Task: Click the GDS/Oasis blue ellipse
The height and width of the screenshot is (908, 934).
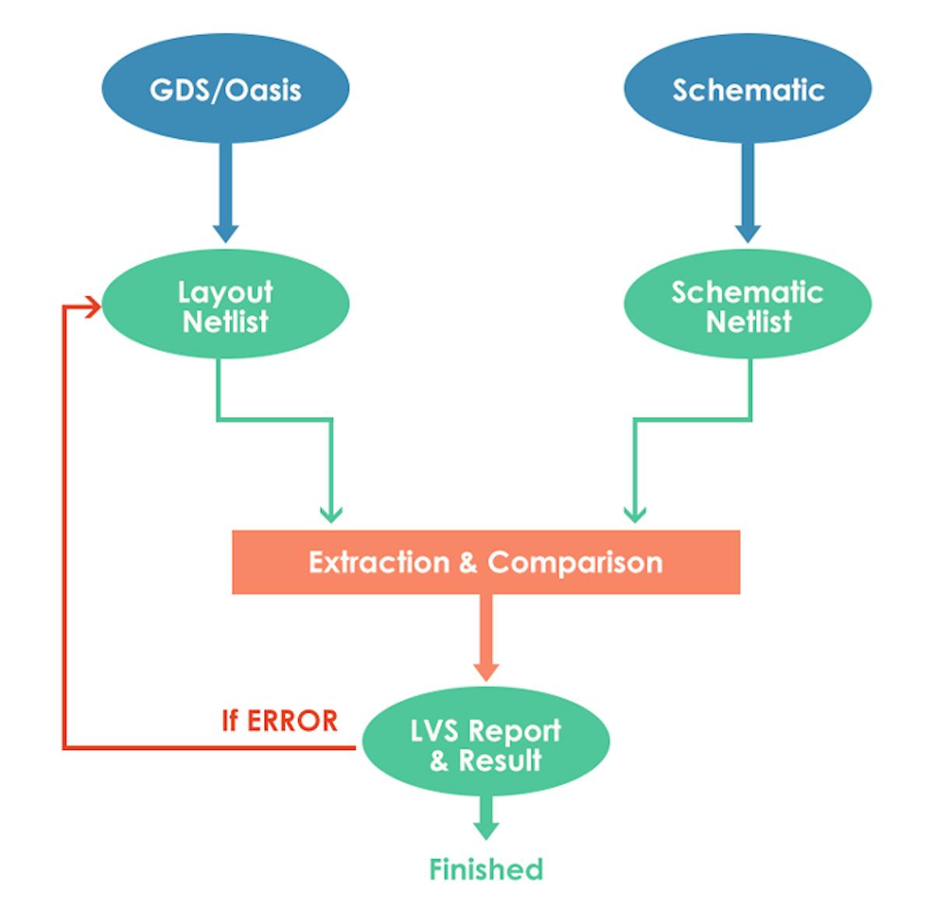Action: pyautogui.click(x=226, y=89)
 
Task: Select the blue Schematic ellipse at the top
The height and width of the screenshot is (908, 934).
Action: pyautogui.click(x=747, y=89)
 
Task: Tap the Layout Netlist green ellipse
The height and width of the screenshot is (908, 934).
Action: pyautogui.click(x=226, y=305)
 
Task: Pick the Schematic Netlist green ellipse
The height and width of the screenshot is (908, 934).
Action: pyautogui.click(x=747, y=305)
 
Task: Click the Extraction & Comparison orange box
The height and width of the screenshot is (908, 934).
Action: pyautogui.click(x=486, y=562)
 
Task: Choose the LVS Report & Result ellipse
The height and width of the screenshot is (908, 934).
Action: pyautogui.click(x=486, y=745)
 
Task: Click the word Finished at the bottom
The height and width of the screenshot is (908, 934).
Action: pyautogui.click(x=486, y=868)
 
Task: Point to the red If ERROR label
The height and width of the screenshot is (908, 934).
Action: pyautogui.click(x=279, y=720)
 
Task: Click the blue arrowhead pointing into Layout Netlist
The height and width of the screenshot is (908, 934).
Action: pyautogui.click(x=226, y=231)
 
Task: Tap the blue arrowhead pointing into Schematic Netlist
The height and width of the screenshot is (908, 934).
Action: pyautogui.click(x=748, y=231)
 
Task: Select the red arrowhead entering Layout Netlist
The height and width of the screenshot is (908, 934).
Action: pyautogui.click(x=94, y=307)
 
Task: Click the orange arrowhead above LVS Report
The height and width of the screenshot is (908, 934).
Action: pyautogui.click(x=486, y=671)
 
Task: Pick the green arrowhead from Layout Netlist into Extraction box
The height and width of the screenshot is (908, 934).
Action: pyautogui.click(x=332, y=514)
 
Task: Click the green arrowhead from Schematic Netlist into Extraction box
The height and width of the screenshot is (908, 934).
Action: pyautogui.click(x=635, y=514)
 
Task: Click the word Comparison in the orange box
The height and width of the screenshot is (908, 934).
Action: pyautogui.click(x=574, y=562)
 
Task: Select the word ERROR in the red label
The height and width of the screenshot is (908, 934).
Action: pyautogui.click(x=293, y=720)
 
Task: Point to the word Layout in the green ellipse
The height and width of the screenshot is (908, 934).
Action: pyautogui.click(x=226, y=293)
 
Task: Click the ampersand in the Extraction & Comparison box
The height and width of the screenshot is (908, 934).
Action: pyautogui.click(x=468, y=563)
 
